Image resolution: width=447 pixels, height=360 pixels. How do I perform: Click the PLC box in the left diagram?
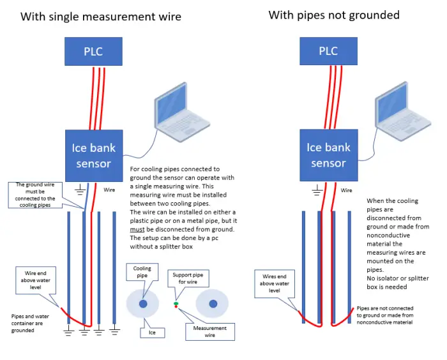pos(93,51)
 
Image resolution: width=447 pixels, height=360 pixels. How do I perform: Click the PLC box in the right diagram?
pos(328,51)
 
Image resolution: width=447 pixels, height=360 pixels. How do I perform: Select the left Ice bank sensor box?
pos(93,156)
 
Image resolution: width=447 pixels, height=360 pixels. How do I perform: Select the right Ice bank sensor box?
pos(328,156)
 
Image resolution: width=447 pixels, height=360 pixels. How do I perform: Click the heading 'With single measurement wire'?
pos(101,17)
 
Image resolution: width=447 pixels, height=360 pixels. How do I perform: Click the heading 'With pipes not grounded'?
pos(334,15)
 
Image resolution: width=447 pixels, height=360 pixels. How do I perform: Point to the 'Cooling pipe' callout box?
pos(142,272)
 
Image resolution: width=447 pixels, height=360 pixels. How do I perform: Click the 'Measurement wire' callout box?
pos(209,331)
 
